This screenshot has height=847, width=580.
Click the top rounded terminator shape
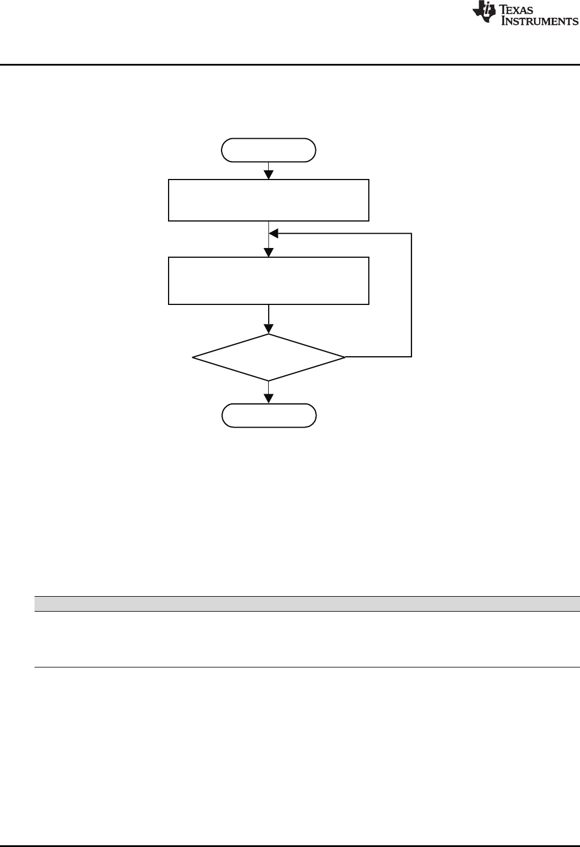(269, 150)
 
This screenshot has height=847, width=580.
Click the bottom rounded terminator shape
(269, 415)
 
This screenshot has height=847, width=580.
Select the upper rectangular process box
(268, 200)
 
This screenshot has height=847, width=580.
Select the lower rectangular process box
(268, 280)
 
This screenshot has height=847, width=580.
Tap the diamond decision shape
(269, 357)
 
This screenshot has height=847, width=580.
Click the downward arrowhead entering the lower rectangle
(269, 253)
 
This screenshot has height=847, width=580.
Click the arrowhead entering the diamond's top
(269, 329)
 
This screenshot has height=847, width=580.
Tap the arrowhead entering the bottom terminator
(269, 399)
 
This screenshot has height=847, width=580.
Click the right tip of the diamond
(344, 357)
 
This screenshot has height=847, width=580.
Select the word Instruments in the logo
(540, 21)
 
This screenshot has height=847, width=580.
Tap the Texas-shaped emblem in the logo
(485, 15)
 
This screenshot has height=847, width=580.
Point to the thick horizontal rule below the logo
(290, 64)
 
